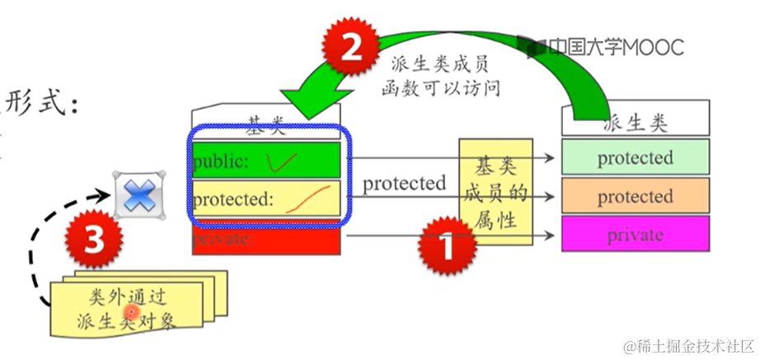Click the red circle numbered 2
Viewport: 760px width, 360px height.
(x=350, y=49)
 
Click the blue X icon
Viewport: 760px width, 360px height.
(x=139, y=196)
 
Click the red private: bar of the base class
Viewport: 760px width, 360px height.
(x=266, y=240)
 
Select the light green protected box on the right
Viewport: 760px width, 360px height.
(x=635, y=157)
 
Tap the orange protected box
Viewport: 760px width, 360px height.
(x=635, y=197)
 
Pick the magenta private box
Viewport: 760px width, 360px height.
(x=635, y=235)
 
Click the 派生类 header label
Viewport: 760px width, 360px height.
(x=635, y=124)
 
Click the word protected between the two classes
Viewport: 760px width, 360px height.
(x=404, y=183)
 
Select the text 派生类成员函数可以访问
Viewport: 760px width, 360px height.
(x=441, y=75)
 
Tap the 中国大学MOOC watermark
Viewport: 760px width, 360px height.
(x=606, y=47)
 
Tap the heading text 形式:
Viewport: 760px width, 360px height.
(x=41, y=103)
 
